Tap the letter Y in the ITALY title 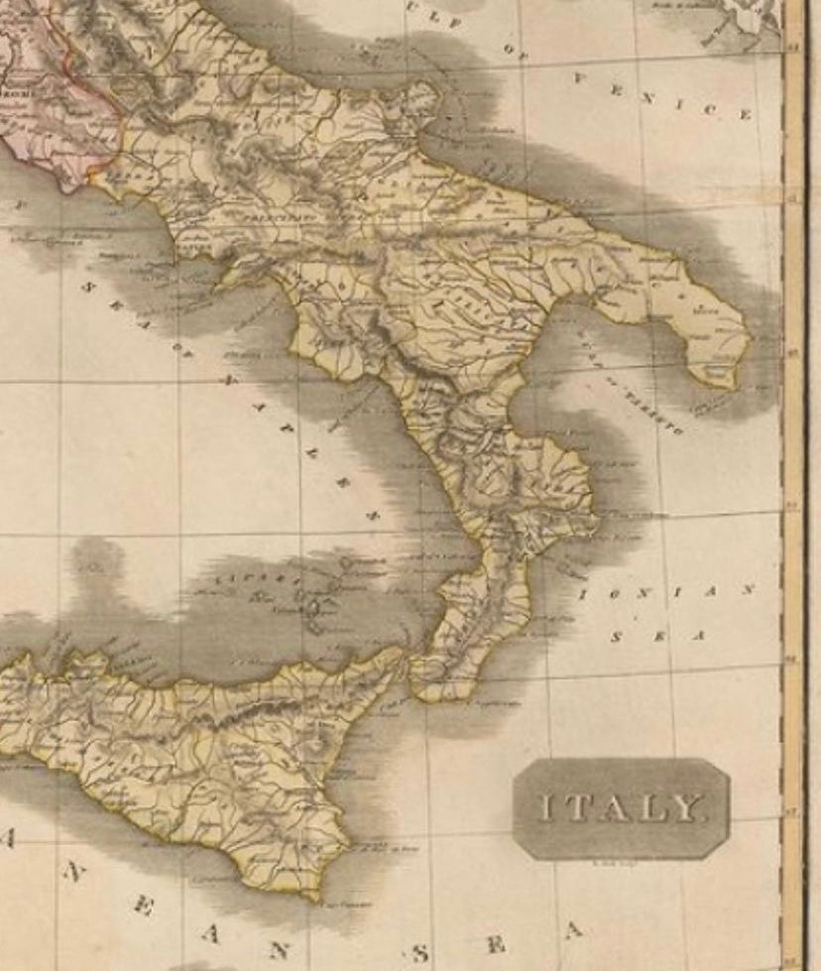[x=688, y=808]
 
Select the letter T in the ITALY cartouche [x=572, y=808]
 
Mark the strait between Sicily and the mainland [x=409, y=663]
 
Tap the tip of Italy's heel [x=734, y=382]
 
